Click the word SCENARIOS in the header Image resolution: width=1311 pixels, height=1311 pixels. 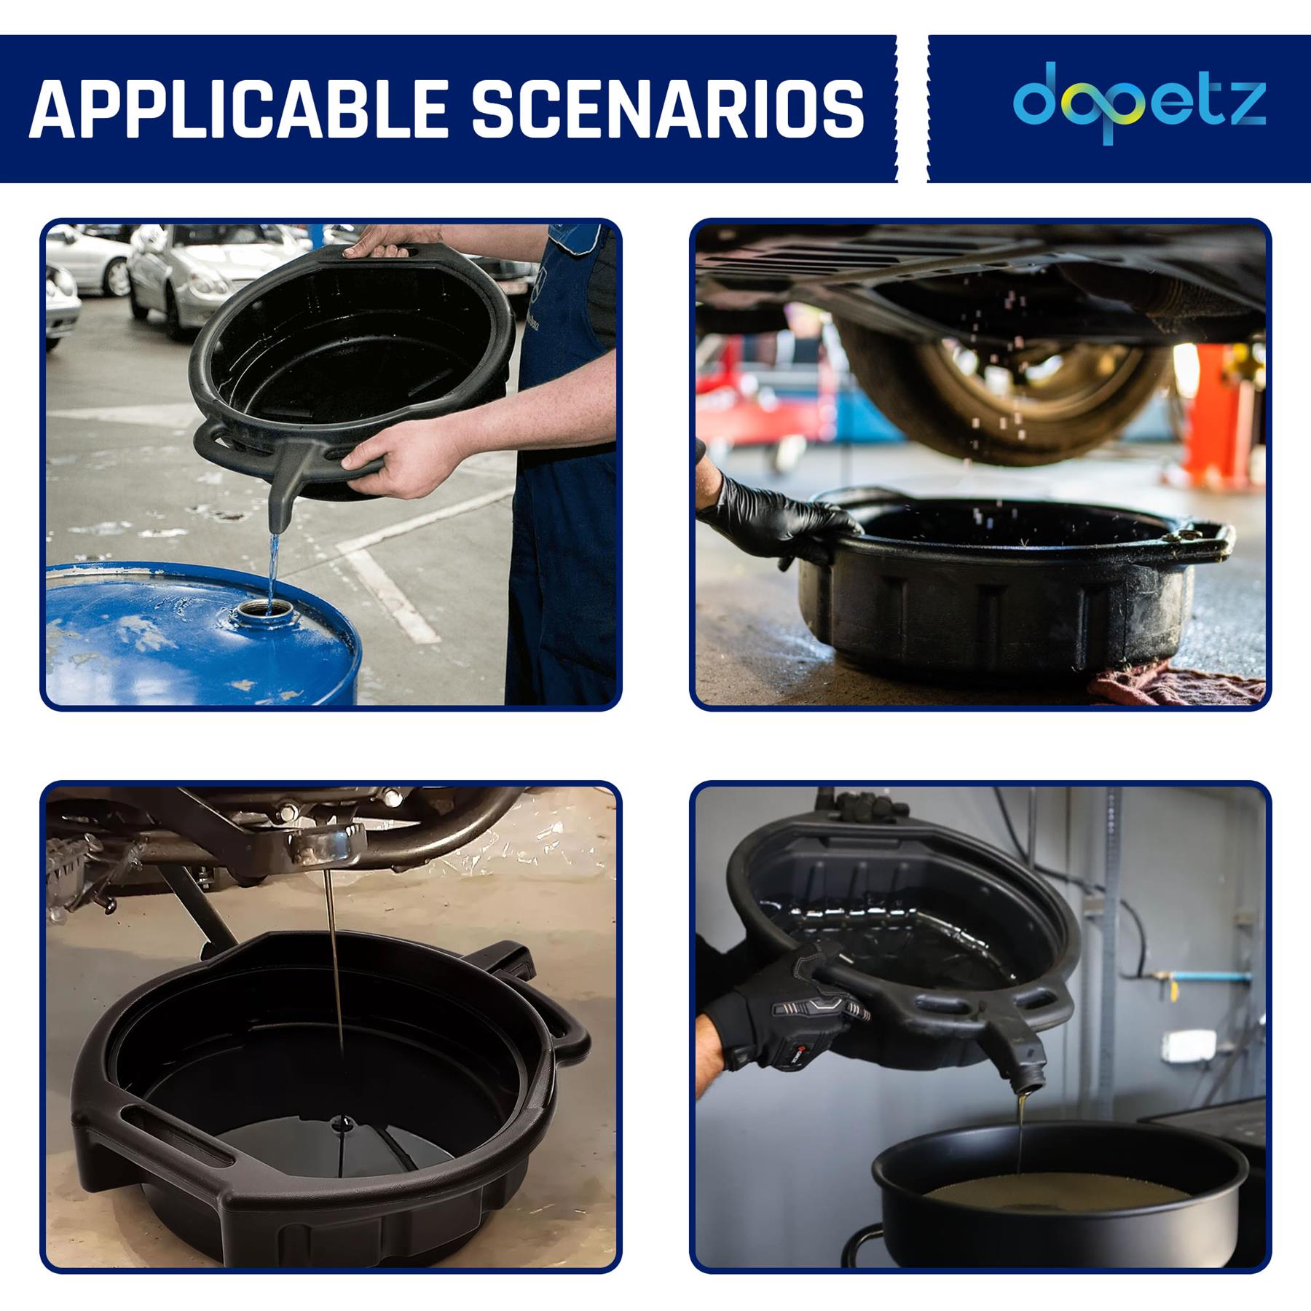(667, 109)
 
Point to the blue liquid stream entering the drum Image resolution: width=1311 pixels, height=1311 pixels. (272, 568)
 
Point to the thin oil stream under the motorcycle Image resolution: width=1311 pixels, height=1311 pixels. (335, 961)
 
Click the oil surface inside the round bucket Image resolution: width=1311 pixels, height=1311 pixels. (1056, 1194)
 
